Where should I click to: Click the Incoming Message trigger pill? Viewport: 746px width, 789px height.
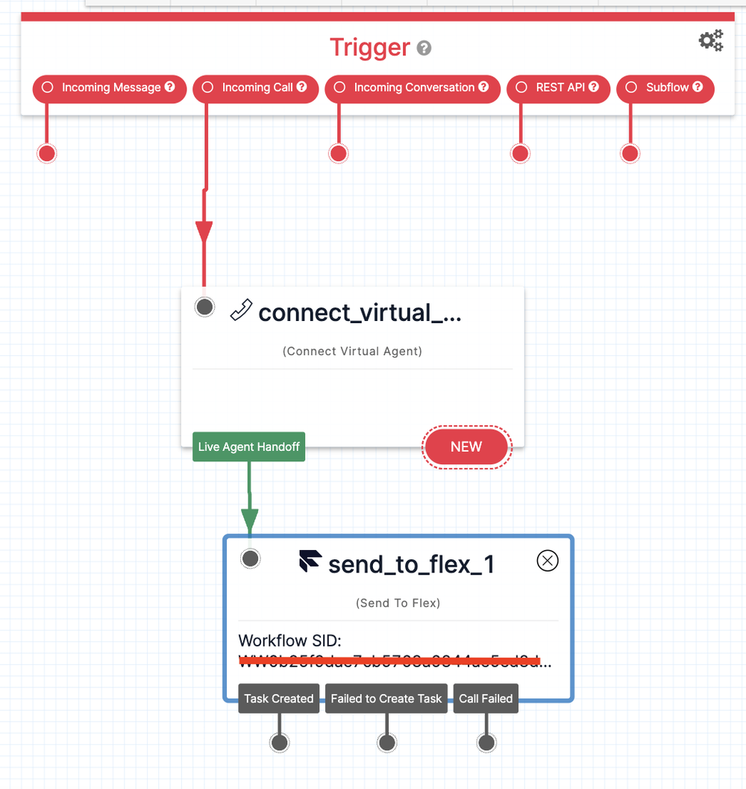(x=109, y=88)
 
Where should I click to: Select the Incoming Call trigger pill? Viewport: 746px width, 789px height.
(x=255, y=88)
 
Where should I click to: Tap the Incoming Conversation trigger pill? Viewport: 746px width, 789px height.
(x=412, y=88)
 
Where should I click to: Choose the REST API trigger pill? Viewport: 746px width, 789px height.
(x=558, y=88)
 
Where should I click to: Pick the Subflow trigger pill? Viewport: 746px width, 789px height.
(x=665, y=88)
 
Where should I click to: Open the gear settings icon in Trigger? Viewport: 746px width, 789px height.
(x=710, y=40)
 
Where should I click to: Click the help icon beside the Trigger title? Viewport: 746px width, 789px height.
(x=424, y=49)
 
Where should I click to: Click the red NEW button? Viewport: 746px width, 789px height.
(x=466, y=446)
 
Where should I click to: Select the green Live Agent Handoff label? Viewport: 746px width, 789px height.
(x=248, y=447)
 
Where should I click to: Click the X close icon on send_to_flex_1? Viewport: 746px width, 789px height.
(x=548, y=561)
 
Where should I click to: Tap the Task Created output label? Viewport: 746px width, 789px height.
(x=278, y=699)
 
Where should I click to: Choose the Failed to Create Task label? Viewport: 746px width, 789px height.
(x=386, y=699)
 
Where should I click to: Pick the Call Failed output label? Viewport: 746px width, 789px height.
(x=486, y=699)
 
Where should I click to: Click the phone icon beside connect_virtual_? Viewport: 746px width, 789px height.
(x=241, y=310)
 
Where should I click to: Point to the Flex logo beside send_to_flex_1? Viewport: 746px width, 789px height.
(x=310, y=562)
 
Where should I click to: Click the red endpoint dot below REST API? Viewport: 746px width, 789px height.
(x=520, y=153)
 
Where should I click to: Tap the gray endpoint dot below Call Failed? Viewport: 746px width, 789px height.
(x=486, y=742)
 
